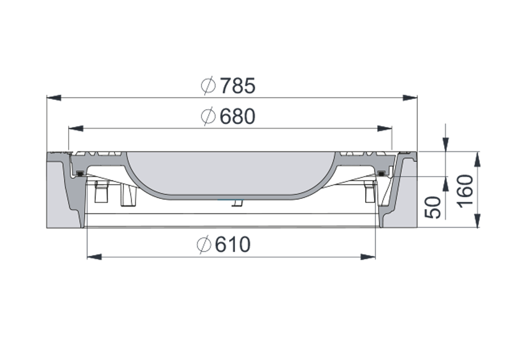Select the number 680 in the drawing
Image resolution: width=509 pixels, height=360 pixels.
click(x=236, y=116)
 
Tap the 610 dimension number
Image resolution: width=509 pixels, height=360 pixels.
click(x=233, y=245)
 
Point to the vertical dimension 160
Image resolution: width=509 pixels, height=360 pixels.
click(x=466, y=191)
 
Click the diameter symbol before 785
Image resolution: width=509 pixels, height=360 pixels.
click(x=207, y=86)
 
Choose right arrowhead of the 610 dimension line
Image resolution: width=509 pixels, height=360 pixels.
click(x=368, y=257)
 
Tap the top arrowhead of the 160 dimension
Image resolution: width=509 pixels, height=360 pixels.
click(x=477, y=158)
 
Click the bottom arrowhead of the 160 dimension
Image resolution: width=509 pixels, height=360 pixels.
click(x=477, y=221)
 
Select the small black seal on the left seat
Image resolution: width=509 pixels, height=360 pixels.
click(x=79, y=174)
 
